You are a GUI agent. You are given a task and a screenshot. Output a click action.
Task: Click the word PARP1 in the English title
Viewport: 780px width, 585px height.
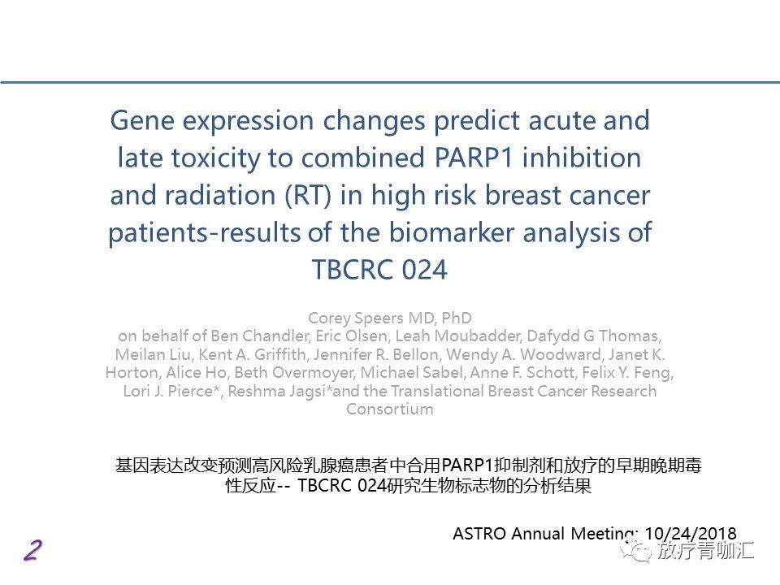(474, 158)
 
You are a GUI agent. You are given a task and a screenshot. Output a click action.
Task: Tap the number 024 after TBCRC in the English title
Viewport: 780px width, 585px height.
(424, 270)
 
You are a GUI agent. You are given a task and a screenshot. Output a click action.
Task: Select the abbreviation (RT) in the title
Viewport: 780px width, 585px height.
(307, 195)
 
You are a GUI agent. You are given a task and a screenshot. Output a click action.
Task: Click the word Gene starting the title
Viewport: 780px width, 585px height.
(142, 121)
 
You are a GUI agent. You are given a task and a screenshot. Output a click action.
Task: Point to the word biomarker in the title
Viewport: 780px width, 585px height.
(451, 232)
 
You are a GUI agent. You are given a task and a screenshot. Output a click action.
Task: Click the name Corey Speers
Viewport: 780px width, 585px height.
(355, 318)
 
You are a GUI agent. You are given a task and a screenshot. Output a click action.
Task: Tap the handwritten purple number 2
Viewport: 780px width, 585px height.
(32, 551)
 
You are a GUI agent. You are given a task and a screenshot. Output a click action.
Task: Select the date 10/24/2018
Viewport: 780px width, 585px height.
(690, 533)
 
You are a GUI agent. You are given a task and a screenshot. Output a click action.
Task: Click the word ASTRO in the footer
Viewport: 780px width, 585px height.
(479, 534)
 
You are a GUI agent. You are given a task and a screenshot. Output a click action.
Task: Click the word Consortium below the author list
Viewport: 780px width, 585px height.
(390, 409)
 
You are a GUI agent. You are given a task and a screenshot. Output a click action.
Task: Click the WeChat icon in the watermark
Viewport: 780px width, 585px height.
(638, 550)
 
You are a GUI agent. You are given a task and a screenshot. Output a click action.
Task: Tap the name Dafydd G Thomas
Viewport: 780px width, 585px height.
(593, 336)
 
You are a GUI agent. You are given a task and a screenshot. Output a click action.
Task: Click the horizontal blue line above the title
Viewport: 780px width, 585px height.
(390, 82)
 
